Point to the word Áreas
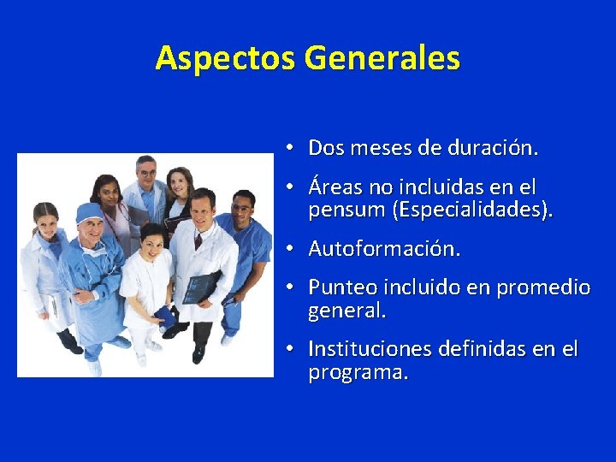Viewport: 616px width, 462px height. click(337, 187)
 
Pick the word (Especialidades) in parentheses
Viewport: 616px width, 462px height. click(471, 210)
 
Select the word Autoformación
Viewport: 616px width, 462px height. click(384, 249)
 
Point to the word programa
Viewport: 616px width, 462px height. click(358, 374)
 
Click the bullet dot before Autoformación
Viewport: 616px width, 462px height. click(291, 249)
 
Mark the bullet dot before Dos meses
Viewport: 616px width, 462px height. click(291, 148)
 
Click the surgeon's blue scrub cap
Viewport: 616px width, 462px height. click(88, 212)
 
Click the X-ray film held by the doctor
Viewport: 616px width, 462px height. click(202, 287)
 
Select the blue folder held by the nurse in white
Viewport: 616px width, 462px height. click(164, 317)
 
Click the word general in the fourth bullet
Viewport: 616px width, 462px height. click(346, 312)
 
